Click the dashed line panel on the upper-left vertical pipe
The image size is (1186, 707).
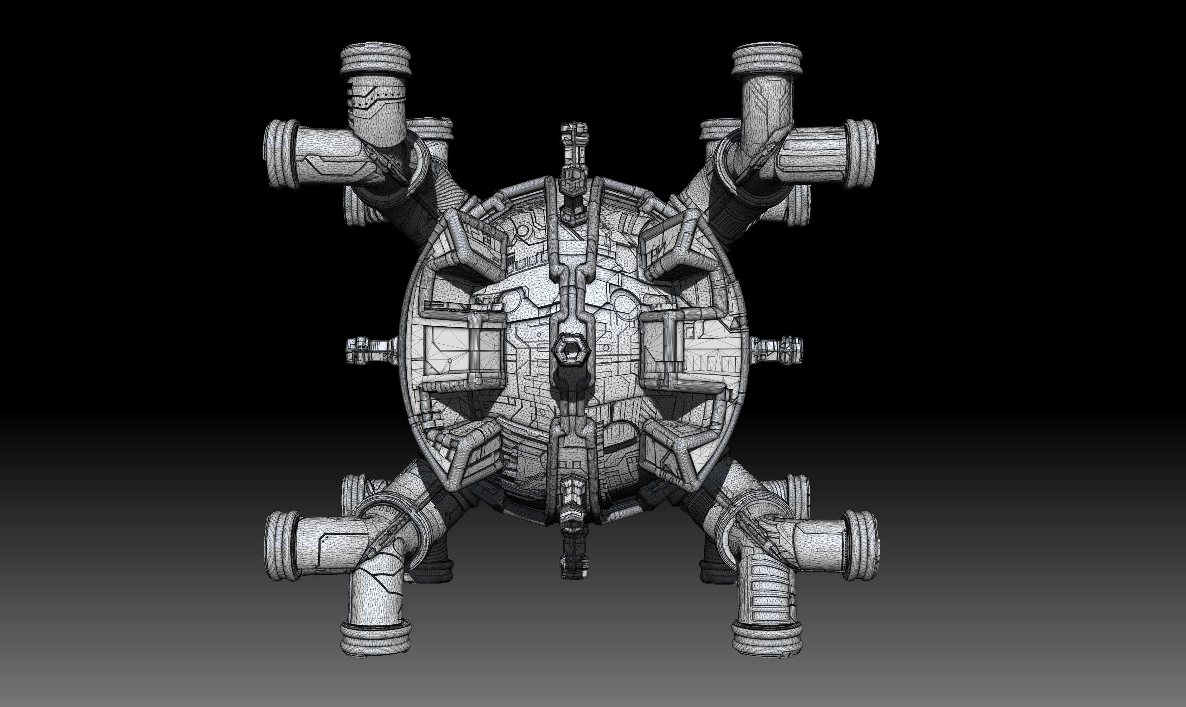click(x=377, y=101)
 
